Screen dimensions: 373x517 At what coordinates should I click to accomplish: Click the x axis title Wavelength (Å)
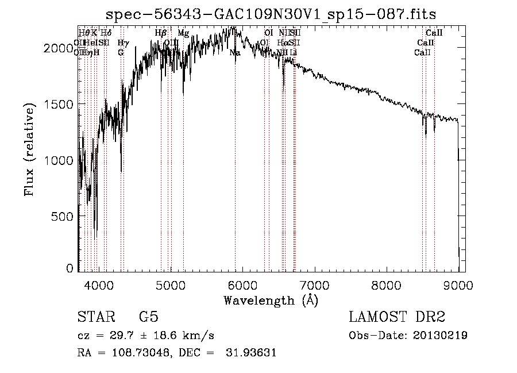point(271,301)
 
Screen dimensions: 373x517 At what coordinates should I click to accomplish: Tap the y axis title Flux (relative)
point(29,151)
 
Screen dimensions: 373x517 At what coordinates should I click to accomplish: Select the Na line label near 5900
point(235,53)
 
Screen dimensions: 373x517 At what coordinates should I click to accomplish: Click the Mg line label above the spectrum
point(183,33)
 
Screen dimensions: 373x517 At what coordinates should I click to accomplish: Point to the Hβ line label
point(161,33)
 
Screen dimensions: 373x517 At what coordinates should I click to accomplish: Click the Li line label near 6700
point(294,53)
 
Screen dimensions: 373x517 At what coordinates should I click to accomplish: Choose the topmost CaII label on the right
point(434,33)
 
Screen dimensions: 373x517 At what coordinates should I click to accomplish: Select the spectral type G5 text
point(148,317)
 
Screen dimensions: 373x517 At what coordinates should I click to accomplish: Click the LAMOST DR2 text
point(397,317)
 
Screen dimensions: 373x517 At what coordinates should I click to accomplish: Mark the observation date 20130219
point(440,336)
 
